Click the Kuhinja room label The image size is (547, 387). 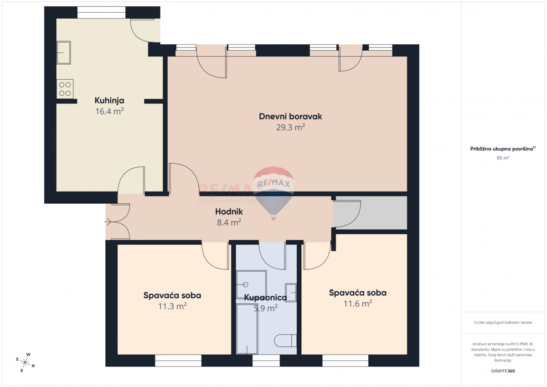click(x=109, y=100)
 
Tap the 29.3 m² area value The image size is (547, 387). click(x=290, y=128)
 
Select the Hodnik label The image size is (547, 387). click(x=229, y=212)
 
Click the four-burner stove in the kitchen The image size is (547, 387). click(x=65, y=89)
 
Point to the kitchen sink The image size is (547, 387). click(x=63, y=52)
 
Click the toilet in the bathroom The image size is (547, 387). click(x=286, y=341)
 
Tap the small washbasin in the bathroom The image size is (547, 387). click(x=290, y=292)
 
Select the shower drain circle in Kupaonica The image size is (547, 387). click(x=246, y=284)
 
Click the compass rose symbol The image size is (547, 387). click(x=26, y=362)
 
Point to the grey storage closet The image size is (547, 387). click(x=370, y=213)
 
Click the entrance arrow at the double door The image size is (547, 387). click(x=108, y=222)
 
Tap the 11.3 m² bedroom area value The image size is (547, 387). click(x=172, y=306)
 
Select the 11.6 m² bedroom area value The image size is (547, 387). click(x=358, y=304)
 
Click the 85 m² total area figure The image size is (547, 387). click(x=503, y=158)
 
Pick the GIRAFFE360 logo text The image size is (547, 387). click(x=503, y=371)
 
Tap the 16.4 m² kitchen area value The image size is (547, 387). click(x=109, y=111)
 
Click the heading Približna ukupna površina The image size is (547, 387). click(x=503, y=149)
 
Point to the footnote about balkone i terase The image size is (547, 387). click(x=503, y=322)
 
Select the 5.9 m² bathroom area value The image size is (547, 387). click(x=265, y=309)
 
